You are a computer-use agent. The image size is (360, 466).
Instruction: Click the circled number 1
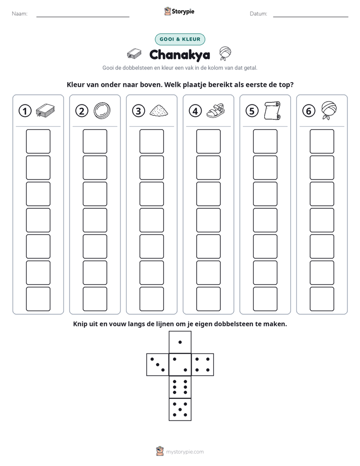pos(25,111)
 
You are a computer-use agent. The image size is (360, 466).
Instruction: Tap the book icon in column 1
pos(45,110)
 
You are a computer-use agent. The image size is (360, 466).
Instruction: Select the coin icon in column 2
pos(102,110)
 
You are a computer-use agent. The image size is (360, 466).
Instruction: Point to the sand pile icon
pos(159,110)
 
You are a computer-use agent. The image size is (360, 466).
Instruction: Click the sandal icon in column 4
pos(215,110)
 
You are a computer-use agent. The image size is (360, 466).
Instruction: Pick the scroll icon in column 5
pos(272,110)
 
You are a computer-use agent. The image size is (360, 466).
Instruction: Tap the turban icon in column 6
pos(329,110)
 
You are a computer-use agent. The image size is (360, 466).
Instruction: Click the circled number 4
pos(195,111)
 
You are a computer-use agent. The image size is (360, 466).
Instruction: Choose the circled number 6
pos(309,111)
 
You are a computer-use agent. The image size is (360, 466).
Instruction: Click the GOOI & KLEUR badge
pos(180,39)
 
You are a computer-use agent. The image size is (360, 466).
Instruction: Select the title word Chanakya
pos(179,55)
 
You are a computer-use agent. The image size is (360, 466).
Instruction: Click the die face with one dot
pos(180,342)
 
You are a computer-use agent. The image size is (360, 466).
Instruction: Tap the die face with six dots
pos(180,387)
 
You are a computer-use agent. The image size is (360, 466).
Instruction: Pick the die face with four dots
pos(203,365)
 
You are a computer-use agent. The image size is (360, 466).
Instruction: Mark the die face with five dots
pos(180,410)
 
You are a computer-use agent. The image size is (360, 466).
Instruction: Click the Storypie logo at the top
pos(179,11)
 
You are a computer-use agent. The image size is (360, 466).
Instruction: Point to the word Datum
pos(258,14)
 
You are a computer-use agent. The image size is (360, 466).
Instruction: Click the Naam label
pos(20,14)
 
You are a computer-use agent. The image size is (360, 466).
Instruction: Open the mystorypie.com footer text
pos(185,452)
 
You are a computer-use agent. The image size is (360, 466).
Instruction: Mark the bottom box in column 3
pos(151,299)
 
